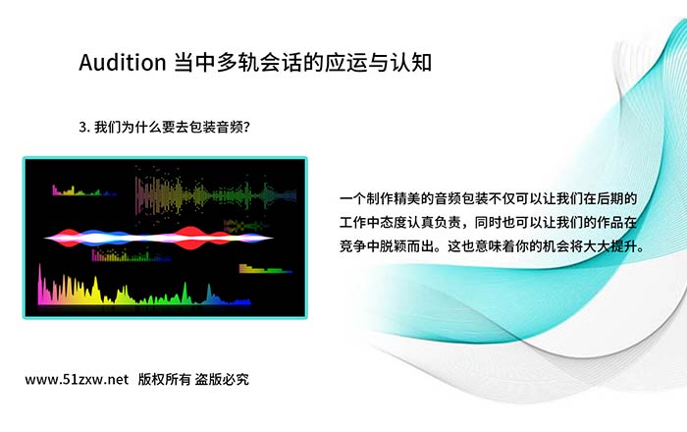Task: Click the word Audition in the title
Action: [x=123, y=62]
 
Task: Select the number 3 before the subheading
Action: [x=82, y=128]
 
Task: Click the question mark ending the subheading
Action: [x=246, y=128]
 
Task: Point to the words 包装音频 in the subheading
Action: [x=217, y=128]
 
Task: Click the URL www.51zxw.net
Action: [x=77, y=379]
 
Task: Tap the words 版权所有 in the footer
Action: [x=164, y=379]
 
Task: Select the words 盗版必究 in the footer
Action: [x=222, y=379]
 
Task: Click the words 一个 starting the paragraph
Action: [x=352, y=199]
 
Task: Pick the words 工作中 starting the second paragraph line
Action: [x=360, y=223]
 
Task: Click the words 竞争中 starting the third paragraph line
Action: [x=360, y=246]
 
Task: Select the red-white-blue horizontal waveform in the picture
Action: [x=159, y=238]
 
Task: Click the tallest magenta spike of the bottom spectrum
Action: [x=40, y=284]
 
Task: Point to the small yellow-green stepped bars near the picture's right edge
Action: [x=266, y=269]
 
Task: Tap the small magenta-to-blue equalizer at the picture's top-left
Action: [x=84, y=190]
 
